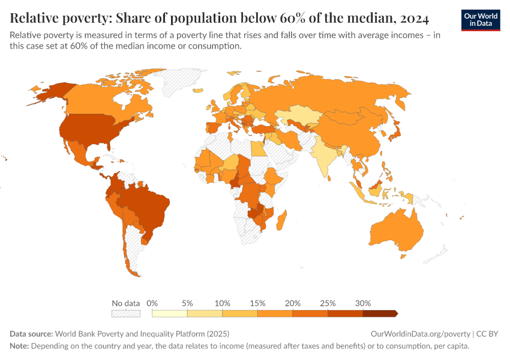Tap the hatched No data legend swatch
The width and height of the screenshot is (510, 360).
click(126, 313)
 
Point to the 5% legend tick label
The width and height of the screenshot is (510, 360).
click(187, 303)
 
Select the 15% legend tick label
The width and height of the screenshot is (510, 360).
click(257, 303)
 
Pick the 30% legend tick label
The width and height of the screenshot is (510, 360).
click(363, 303)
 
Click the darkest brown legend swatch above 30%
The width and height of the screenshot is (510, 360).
click(380, 313)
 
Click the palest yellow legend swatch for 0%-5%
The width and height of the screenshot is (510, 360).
click(170, 313)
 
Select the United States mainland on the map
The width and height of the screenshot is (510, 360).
click(90, 128)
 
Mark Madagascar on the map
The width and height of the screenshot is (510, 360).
click(281, 219)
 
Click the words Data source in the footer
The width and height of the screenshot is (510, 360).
click(31, 334)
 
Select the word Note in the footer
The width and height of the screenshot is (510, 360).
click(19, 346)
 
